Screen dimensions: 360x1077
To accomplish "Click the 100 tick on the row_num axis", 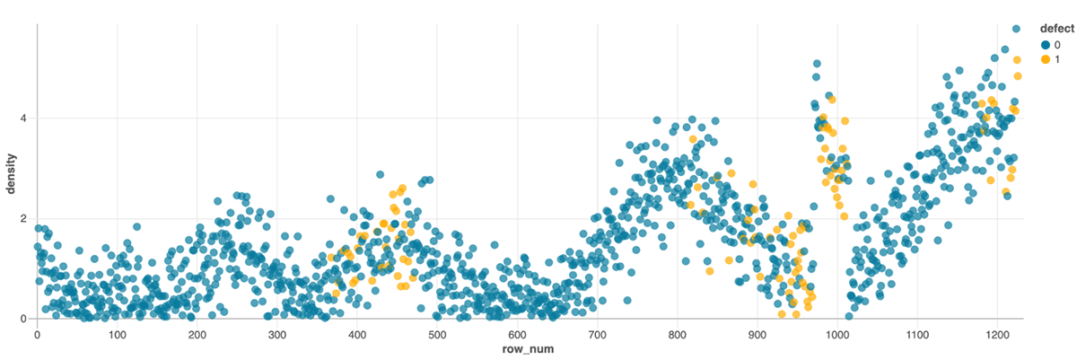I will point(117,334).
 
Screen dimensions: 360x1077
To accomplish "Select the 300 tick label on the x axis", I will point(276,334).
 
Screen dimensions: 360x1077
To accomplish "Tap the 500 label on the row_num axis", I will point(437,334).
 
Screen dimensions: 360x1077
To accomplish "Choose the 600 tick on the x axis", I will point(517,334).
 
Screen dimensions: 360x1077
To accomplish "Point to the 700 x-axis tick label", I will point(597,334).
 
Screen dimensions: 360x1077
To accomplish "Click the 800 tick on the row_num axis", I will point(677,334).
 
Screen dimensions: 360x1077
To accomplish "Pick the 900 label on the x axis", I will point(757,334).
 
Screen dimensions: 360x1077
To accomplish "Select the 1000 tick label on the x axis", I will point(837,334).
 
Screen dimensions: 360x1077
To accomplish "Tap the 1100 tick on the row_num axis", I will point(917,334).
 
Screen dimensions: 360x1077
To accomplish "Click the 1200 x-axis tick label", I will point(997,334).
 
